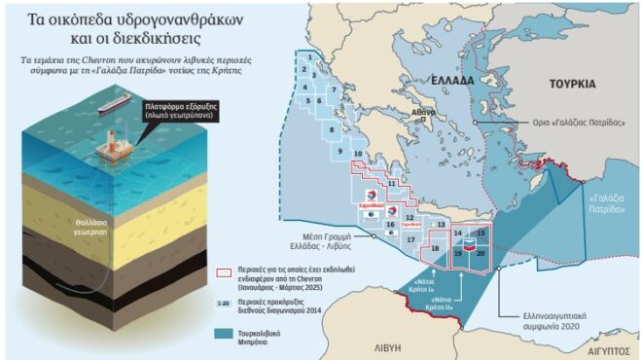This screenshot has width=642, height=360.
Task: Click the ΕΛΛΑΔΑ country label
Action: coord(423,81)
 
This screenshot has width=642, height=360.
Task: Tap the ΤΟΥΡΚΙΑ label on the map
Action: coord(572,84)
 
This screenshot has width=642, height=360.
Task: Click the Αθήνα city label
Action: coord(421,113)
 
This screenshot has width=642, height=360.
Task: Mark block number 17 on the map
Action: coord(411,238)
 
